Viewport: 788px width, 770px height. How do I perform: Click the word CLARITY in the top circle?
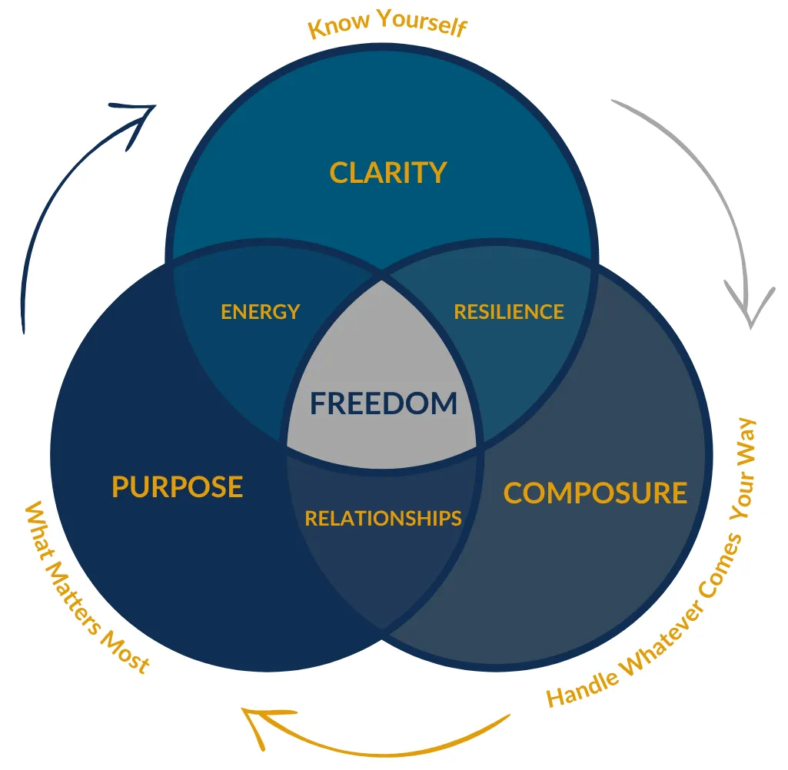tap(387, 173)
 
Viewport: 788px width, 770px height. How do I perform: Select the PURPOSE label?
tap(178, 487)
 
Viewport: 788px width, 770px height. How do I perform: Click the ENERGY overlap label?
tap(260, 312)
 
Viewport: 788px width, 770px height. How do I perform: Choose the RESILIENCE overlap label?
tap(509, 312)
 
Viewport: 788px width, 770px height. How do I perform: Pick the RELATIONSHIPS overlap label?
tap(383, 519)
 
